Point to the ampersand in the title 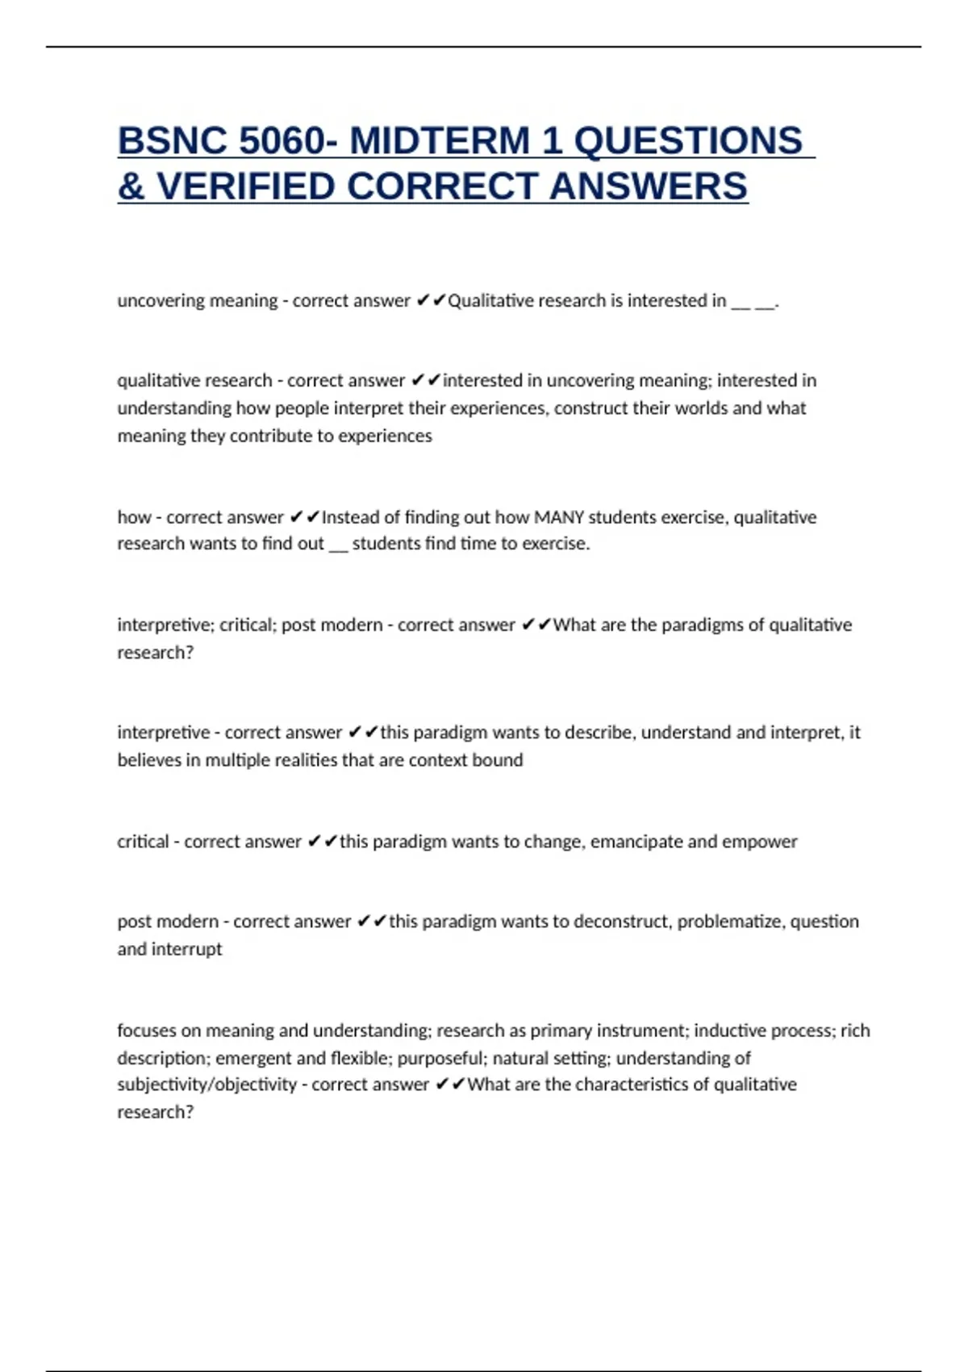(131, 186)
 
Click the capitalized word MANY (559, 517)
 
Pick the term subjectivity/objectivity (207, 1085)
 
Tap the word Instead (349, 517)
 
